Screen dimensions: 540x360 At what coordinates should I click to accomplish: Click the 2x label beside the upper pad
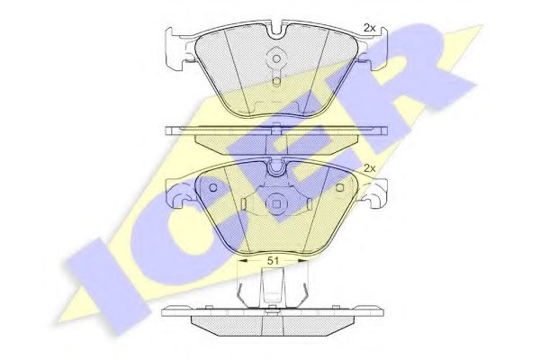[370, 29]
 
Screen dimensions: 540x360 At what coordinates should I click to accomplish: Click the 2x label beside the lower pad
[370, 168]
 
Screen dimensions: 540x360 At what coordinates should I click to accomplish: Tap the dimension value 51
[273, 261]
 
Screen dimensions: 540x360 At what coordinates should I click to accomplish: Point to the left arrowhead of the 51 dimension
[243, 261]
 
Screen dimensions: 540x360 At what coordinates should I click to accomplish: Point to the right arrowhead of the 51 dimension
[302, 261]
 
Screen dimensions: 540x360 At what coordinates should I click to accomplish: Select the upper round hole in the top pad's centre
[276, 58]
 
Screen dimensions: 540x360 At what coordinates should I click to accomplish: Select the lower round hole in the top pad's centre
[276, 82]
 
